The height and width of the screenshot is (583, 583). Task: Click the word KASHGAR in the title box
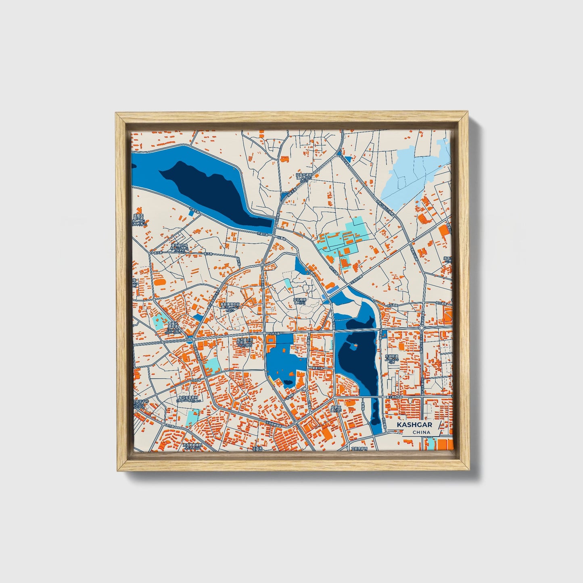point(414,425)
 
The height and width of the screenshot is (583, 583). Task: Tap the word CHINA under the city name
point(421,433)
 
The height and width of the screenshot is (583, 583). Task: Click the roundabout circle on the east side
point(421,328)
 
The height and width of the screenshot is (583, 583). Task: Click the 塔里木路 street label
point(317,368)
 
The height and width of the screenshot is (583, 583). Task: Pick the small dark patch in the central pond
point(288,382)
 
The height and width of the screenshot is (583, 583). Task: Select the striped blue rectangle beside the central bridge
point(332,290)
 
